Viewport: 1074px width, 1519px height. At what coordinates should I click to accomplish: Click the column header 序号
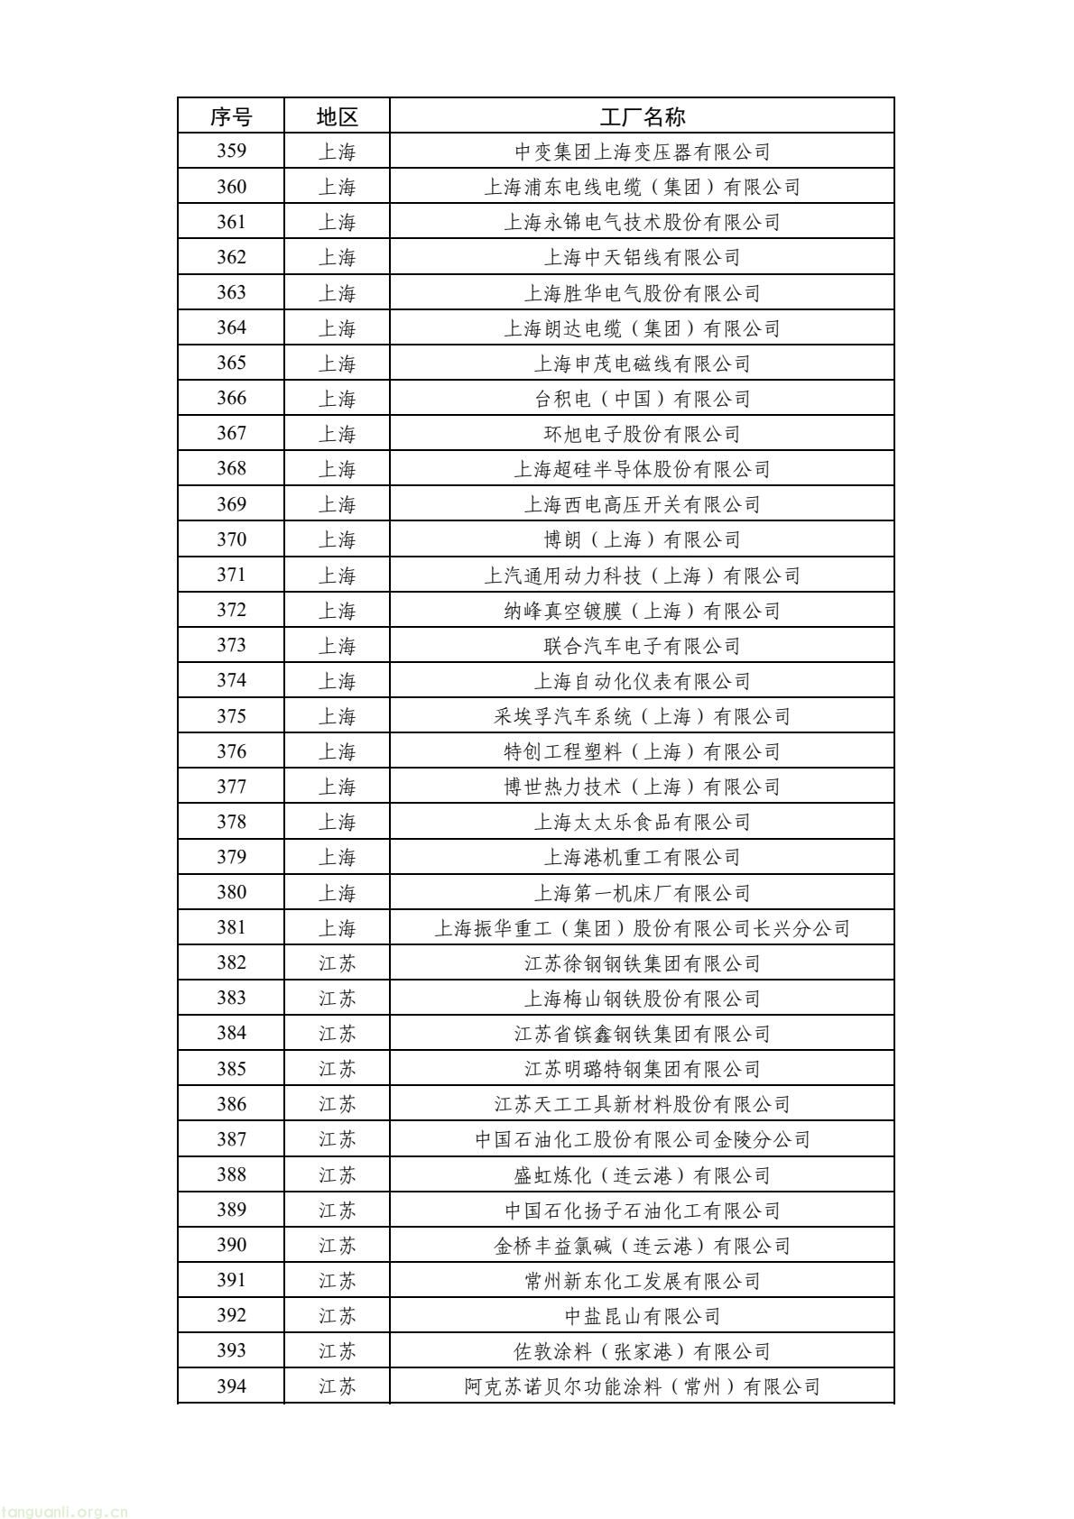[x=231, y=116]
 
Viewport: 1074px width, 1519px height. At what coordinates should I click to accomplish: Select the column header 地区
[x=338, y=116]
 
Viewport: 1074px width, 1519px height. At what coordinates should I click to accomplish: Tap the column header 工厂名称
[x=642, y=116]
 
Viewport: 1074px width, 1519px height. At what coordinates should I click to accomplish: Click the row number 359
[x=231, y=151]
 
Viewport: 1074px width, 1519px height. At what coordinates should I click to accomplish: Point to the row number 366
[x=231, y=398]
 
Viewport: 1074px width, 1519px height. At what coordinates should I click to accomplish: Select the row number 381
[x=231, y=927]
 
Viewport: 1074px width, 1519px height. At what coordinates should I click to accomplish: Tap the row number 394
[x=231, y=1386]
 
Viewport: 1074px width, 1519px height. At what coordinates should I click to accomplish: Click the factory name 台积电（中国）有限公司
[x=642, y=399]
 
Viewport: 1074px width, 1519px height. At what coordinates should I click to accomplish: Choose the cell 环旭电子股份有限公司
[x=642, y=434]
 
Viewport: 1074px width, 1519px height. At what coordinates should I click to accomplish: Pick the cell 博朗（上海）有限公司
[x=642, y=539]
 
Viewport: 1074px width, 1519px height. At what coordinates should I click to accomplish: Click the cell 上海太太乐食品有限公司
[x=642, y=822]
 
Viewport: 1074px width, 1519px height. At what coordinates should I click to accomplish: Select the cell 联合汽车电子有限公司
[x=642, y=646]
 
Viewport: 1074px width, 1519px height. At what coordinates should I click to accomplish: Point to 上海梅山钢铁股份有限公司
[x=642, y=999]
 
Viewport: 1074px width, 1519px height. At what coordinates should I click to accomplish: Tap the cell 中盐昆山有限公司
[x=642, y=1316]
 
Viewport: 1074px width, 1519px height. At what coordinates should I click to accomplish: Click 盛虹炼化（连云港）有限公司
[x=642, y=1175]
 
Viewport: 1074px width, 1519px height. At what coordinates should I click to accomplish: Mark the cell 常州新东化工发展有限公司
[x=642, y=1281]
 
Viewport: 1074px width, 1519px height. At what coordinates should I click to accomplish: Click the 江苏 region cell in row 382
[x=338, y=963]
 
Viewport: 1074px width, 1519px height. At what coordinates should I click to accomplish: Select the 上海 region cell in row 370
[x=338, y=539]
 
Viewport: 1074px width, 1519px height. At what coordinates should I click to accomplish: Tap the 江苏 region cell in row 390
[x=338, y=1246]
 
